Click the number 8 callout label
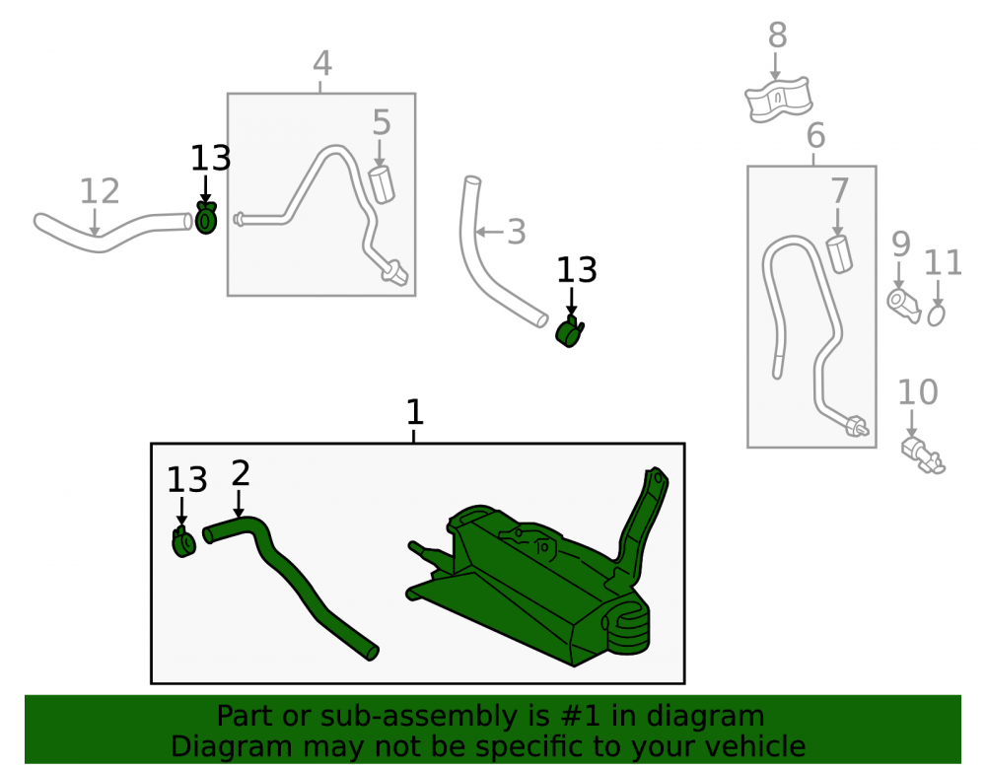pos(777,35)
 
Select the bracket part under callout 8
pos(779,100)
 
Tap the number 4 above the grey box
pos(322,63)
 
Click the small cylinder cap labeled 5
pos(381,184)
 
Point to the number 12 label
pos(100,191)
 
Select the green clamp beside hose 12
pos(206,218)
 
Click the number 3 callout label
pos(516,232)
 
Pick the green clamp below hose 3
pos(570,331)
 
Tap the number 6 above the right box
pos(815,136)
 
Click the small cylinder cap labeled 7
pos(839,254)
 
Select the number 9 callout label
pos(900,244)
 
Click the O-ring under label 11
pos(937,315)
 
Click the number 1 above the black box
pos(414,412)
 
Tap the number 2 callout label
pos(241,473)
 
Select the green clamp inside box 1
pos(183,541)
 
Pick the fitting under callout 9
pos(903,306)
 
